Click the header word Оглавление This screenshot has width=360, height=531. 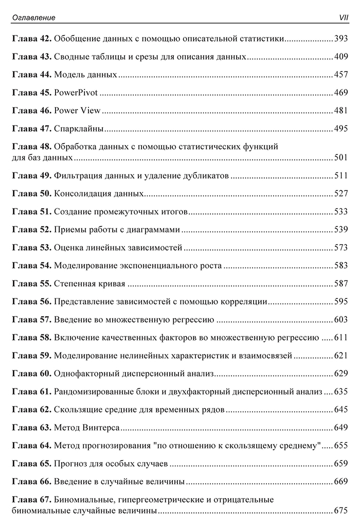pos(33,18)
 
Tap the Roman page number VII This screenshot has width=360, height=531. pos(341,18)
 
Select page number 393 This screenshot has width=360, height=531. pos(341,39)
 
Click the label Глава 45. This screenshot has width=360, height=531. pos(31,93)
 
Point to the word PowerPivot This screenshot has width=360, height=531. pos(76,93)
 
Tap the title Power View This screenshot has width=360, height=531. pos(77,111)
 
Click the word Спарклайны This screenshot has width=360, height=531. pos(79,129)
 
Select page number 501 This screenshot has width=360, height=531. pos(341,157)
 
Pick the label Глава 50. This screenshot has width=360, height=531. pos(31,194)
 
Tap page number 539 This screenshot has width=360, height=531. pos(341,229)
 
